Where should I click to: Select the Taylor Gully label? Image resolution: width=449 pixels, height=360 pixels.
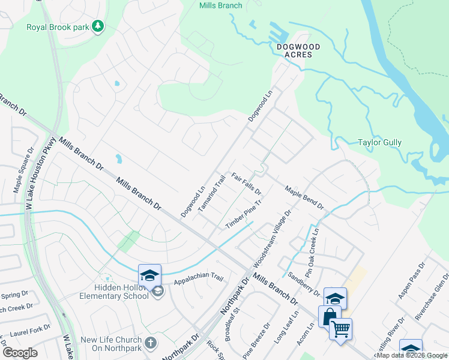click(x=379, y=143)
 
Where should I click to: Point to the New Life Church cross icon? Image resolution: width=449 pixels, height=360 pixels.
click(x=150, y=344)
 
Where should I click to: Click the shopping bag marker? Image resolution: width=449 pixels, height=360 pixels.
click(x=330, y=316)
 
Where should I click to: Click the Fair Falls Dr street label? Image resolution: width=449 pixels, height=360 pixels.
click(x=247, y=184)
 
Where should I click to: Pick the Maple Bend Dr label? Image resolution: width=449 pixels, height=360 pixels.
click(x=304, y=197)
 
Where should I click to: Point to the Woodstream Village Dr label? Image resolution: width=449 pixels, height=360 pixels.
click(x=273, y=238)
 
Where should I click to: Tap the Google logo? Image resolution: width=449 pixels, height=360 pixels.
click(x=20, y=353)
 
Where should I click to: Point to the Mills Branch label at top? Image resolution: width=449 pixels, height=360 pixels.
click(x=220, y=6)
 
